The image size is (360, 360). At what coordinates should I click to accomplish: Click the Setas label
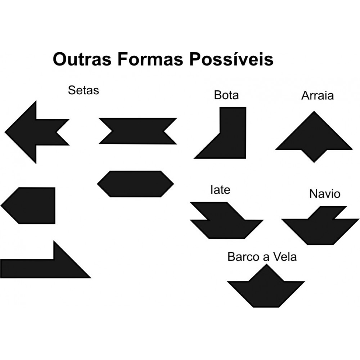pos(83,90)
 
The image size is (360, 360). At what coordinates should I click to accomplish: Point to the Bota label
pos(226,95)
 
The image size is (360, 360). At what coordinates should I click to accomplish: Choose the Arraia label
pos(318,96)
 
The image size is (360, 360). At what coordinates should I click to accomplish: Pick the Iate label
pos(220,190)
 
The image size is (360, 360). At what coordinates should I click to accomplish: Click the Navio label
pos(324,194)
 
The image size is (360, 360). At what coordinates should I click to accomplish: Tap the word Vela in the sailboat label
pos(285,257)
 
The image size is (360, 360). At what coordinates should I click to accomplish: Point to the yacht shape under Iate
pos(227,223)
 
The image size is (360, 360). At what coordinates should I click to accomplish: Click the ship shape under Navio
pos(320,227)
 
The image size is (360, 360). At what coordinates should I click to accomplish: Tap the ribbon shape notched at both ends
pos(138,131)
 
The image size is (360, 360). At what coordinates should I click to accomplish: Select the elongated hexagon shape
pos(135,184)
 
